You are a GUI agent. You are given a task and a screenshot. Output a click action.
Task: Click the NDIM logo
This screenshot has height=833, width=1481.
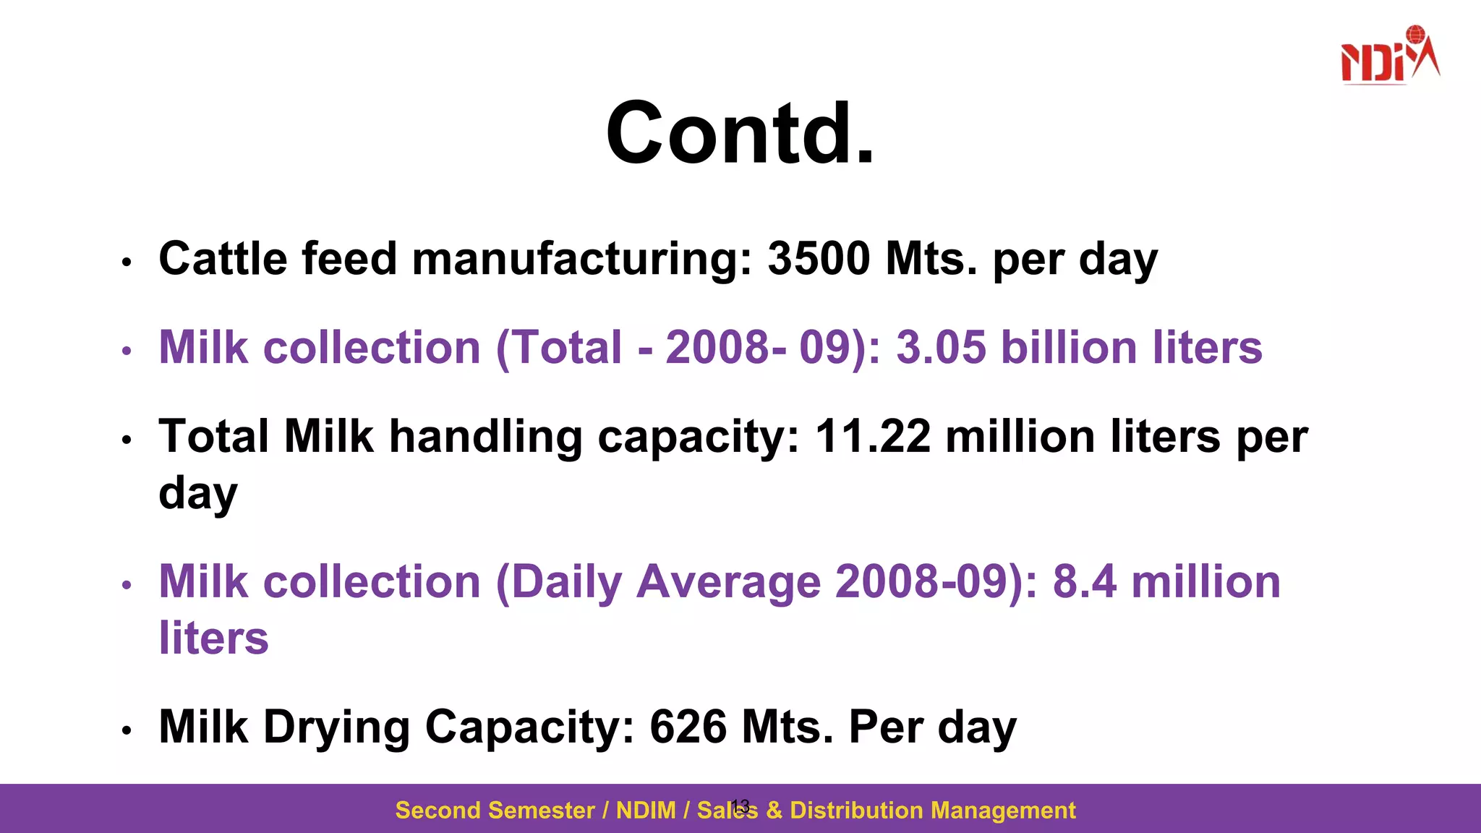[1389, 56]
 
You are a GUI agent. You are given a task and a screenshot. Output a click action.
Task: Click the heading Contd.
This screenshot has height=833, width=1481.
[740, 134]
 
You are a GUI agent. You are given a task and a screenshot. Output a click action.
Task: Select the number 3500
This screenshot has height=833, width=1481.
[819, 259]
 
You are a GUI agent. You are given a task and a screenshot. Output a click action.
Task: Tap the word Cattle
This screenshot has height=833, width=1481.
[222, 259]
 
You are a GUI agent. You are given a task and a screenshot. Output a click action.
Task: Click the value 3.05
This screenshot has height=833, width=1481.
[941, 348]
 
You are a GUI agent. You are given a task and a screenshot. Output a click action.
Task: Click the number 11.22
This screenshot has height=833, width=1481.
[872, 437]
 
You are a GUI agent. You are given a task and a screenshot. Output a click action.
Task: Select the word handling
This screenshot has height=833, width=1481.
[485, 437]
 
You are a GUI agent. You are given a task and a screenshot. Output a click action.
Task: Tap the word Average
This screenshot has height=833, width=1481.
[728, 582]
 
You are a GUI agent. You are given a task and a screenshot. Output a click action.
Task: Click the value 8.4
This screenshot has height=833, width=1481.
[1084, 582]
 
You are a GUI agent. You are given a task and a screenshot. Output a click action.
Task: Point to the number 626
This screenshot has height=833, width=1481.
[688, 727]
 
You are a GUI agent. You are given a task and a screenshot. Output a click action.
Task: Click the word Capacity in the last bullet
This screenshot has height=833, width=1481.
[529, 727]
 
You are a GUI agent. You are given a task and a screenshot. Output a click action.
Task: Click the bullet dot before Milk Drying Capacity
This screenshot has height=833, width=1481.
[127, 731]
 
